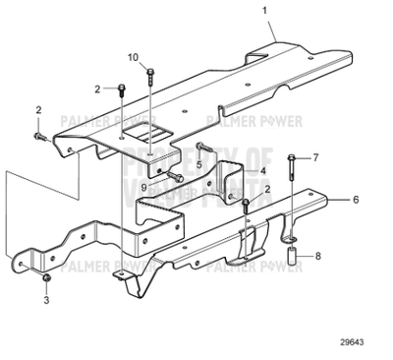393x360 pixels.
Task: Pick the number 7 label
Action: click(x=315, y=157)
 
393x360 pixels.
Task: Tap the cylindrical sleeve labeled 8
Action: click(x=293, y=265)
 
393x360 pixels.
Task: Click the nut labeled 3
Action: click(x=47, y=283)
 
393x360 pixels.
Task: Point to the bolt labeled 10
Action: click(x=149, y=75)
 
